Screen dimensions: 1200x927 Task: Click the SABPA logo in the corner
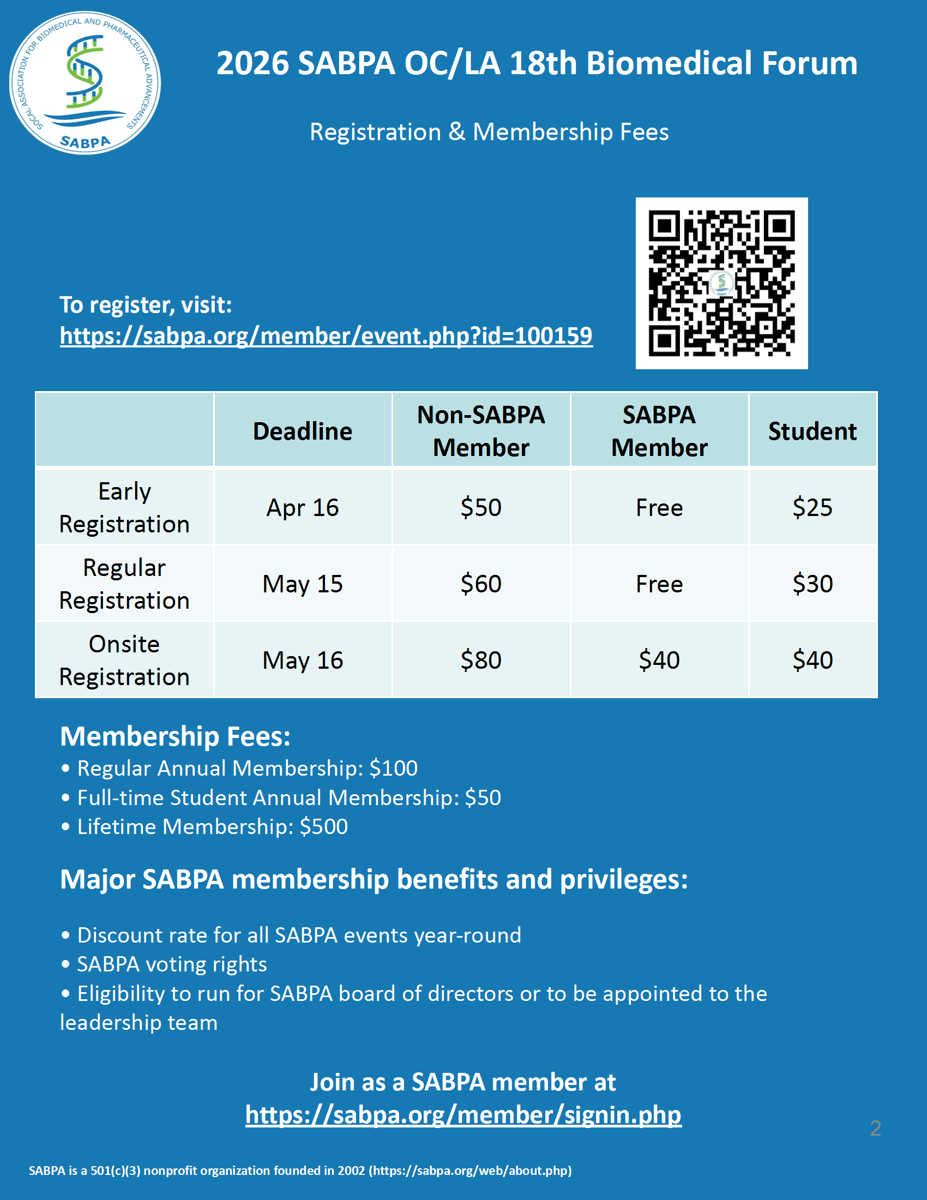[x=85, y=83]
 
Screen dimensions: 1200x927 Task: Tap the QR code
[x=721, y=283]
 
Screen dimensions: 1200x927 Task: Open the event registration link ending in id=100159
[x=326, y=335]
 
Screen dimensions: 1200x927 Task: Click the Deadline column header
[x=303, y=431]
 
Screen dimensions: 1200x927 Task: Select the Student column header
[x=812, y=431]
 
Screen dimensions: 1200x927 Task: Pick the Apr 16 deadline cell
[x=303, y=508]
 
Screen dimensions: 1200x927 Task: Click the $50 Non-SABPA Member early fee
[x=481, y=508]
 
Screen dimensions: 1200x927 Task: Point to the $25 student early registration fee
[x=812, y=508]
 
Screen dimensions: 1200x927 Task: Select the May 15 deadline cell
[x=303, y=584]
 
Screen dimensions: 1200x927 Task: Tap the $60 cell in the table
[x=481, y=584]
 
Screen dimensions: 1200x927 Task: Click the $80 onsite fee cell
[x=481, y=661]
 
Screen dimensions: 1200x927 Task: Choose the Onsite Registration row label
[x=125, y=661]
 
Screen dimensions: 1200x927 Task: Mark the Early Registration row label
[x=125, y=508]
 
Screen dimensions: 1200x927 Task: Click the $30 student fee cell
[x=812, y=584]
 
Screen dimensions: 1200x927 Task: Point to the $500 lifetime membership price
[x=323, y=827]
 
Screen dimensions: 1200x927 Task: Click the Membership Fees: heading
[x=175, y=737]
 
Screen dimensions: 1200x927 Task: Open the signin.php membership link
[x=463, y=1115]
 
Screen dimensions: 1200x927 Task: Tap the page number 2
[x=875, y=1128]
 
